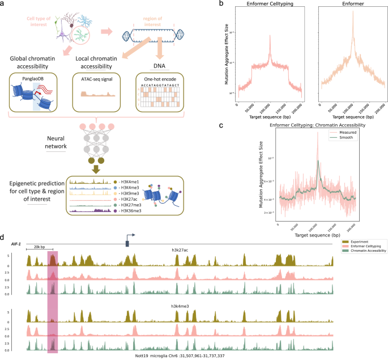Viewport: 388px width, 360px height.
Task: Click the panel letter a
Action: click(4, 5)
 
